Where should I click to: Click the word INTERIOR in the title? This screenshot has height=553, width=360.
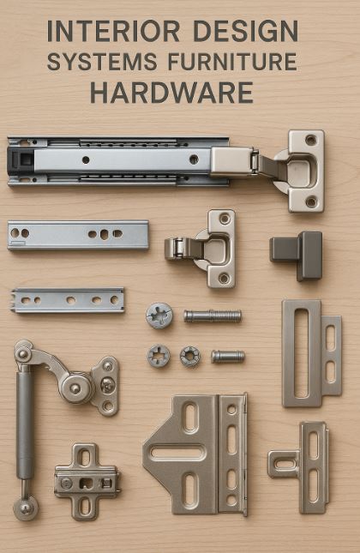click(113, 31)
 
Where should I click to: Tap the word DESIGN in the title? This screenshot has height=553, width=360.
click(246, 31)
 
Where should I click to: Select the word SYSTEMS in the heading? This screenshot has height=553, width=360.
click(102, 62)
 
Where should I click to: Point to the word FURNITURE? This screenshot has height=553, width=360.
click(232, 62)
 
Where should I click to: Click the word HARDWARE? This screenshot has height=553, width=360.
click(171, 93)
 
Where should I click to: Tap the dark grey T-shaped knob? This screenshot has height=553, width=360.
click(297, 255)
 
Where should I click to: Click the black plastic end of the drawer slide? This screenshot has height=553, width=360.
click(20, 161)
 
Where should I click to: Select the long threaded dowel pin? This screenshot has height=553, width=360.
click(213, 316)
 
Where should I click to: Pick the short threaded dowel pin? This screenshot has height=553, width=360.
click(228, 357)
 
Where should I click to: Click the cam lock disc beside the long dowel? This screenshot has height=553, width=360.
click(159, 316)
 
